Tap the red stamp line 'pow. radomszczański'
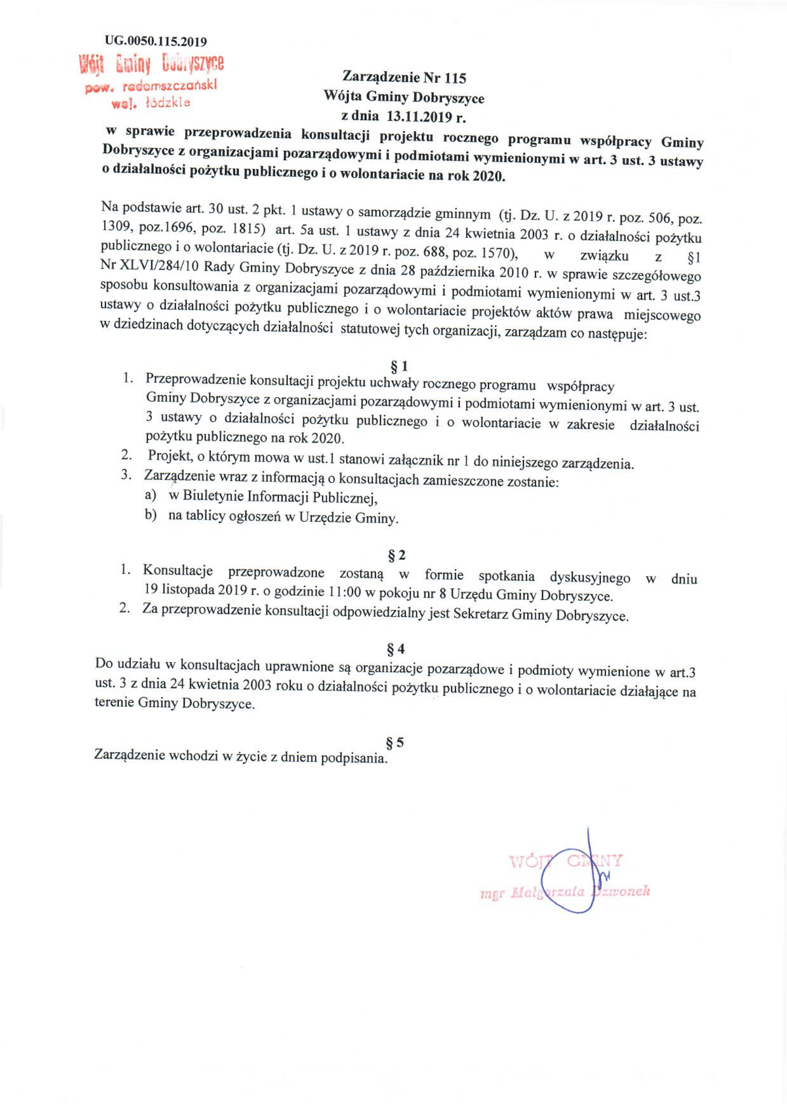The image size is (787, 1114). tap(151, 86)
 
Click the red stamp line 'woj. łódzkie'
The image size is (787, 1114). tap(151, 103)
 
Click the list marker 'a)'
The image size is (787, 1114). tap(151, 495)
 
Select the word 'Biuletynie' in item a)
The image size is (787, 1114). tap(211, 497)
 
